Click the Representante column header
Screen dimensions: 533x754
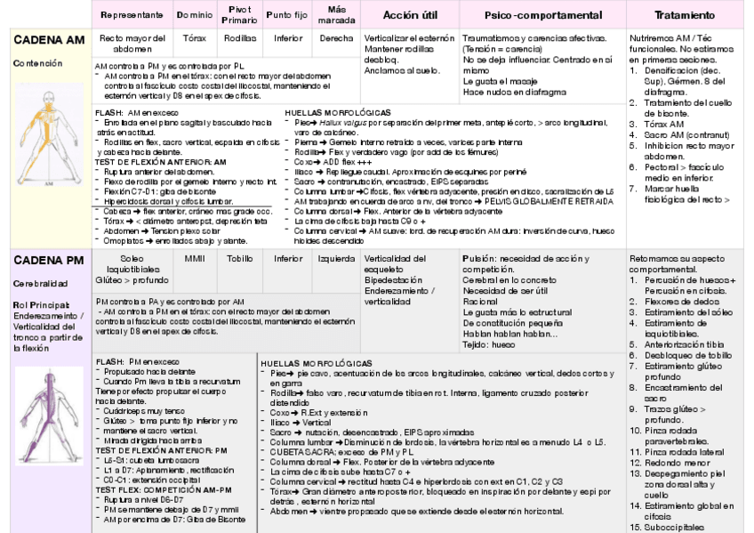click(x=132, y=15)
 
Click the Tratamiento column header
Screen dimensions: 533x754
click(x=684, y=15)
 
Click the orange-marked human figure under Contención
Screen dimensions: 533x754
click(x=44, y=143)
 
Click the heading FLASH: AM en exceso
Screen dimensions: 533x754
click(x=136, y=113)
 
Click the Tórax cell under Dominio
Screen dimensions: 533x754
click(x=195, y=38)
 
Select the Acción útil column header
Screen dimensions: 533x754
click(x=408, y=15)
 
